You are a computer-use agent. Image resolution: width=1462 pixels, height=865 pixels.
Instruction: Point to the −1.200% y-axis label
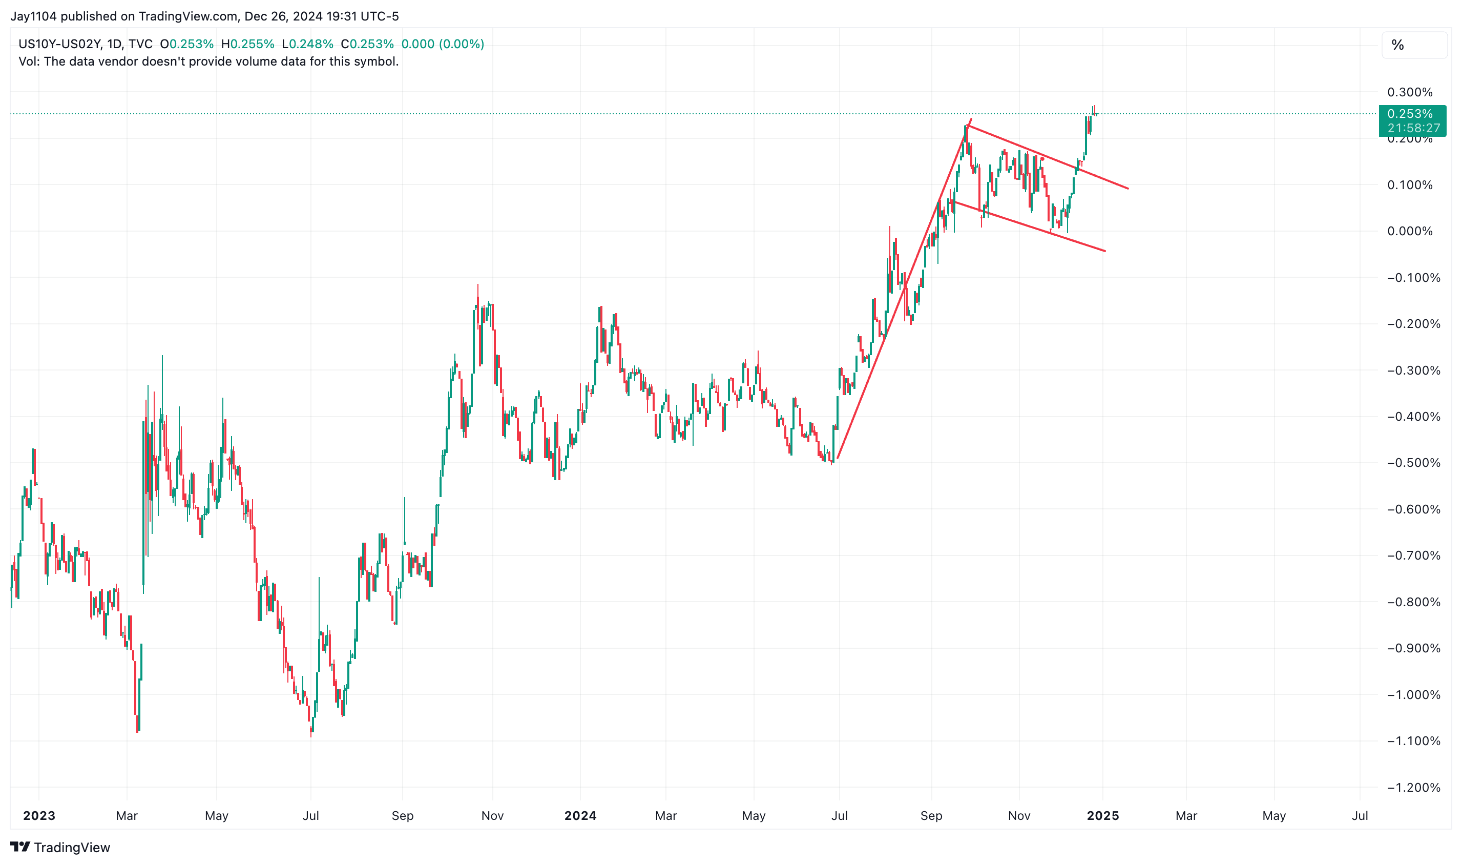[x=1412, y=788]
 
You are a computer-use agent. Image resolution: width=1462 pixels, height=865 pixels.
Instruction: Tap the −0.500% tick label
[x=1412, y=463]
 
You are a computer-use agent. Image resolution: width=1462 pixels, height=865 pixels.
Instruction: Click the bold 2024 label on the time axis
[x=580, y=815]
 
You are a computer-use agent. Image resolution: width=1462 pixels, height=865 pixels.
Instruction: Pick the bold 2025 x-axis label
[x=1102, y=815]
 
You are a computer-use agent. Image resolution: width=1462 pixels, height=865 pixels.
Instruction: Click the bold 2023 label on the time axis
[x=39, y=815]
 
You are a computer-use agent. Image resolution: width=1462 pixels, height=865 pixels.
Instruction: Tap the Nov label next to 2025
[x=1018, y=815]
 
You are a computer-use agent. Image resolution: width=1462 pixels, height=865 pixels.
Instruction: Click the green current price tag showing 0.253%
[x=1412, y=120]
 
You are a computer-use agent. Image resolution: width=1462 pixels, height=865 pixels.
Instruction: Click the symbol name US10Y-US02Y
[x=59, y=44]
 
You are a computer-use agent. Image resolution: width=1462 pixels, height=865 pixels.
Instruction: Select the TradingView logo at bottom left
[x=60, y=847]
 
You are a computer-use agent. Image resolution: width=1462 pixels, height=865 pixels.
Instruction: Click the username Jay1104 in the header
[x=33, y=16]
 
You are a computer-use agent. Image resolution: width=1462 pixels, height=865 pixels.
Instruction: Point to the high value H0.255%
[x=247, y=44]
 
